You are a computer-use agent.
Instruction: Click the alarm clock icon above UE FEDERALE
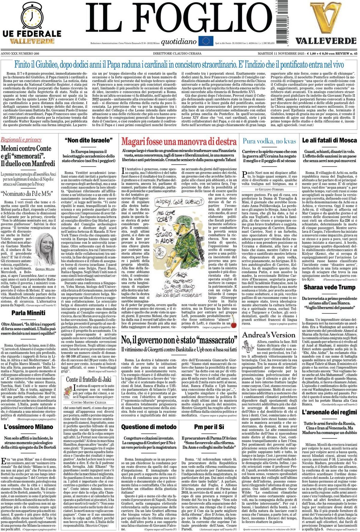tap(32, 16)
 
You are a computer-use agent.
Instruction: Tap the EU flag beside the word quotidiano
tap(206, 41)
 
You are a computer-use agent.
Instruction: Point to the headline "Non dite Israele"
tap(89, 140)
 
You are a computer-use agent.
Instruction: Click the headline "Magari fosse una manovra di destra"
tap(179, 141)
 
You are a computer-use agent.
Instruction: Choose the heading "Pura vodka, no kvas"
tap(269, 141)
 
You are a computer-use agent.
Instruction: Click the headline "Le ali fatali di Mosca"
tap(329, 140)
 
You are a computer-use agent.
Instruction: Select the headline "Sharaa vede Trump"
tap(329, 287)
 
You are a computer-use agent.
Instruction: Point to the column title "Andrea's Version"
tap(269, 335)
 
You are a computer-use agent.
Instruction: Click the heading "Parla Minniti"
tap(28, 313)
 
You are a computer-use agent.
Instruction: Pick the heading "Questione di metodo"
tap(149, 427)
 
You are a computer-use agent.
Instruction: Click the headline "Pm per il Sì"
tap(209, 427)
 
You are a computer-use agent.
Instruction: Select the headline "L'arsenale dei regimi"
tap(329, 412)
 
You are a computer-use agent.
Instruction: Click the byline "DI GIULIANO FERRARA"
tap(269, 189)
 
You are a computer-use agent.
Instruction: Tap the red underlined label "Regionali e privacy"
tap(21, 140)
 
